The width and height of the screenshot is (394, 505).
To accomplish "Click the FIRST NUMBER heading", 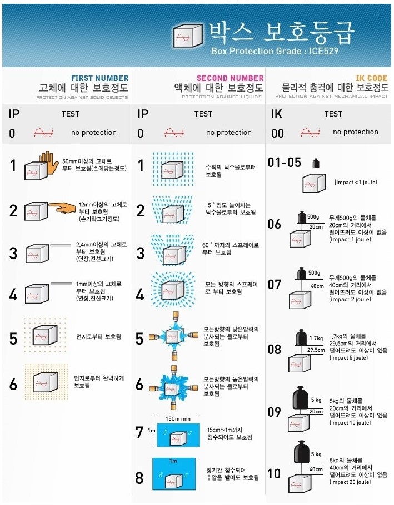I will tap(99, 78).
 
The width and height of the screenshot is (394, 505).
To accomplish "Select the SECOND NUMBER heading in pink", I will tap(230, 78).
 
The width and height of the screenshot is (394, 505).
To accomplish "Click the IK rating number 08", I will tap(275, 349).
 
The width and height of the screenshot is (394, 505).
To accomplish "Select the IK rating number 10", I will tap(274, 473).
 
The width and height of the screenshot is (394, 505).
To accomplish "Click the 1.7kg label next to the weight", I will tap(315, 338).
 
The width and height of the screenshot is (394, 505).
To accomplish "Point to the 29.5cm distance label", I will tap(315, 350).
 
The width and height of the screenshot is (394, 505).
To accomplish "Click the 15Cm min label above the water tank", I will tap(177, 418).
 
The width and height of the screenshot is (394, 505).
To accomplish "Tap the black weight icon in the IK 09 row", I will tap(300, 398).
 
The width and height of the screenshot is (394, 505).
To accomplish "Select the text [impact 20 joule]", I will tap(350, 482).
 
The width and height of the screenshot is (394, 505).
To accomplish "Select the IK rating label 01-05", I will tap(284, 162).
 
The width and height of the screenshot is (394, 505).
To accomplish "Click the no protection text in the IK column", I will tap(355, 132).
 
